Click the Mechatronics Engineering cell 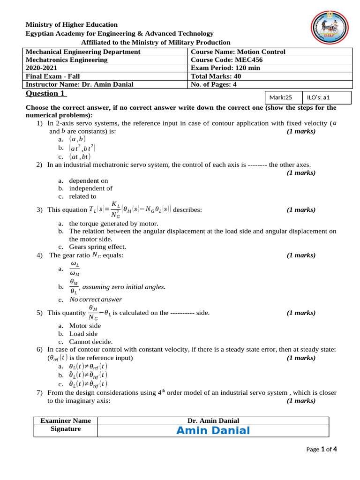coord(67,60)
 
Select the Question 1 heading coord(46,94)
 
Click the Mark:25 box coord(281,97)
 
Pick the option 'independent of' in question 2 coord(90,188)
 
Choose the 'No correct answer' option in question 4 coord(96,300)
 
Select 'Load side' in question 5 coord(83,334)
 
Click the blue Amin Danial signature coord(213,431)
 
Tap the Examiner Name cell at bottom coord(66,420)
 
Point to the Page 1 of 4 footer coord(322,449)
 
